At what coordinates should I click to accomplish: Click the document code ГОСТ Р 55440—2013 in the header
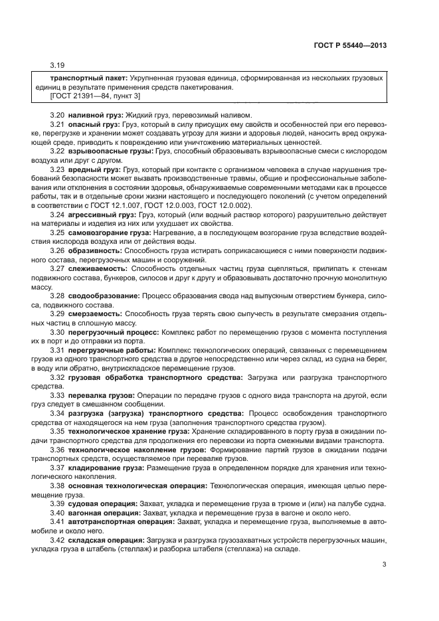(x=350, y=44)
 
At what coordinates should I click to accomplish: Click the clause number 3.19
(x=58, y=66)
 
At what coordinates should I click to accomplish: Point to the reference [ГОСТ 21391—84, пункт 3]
(x=94, y=97)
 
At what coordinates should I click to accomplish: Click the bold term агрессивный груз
(x=100, y=215)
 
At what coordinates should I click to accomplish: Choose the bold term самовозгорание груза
(x=108, y=232)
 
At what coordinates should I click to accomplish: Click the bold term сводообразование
(x=102, y=295)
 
